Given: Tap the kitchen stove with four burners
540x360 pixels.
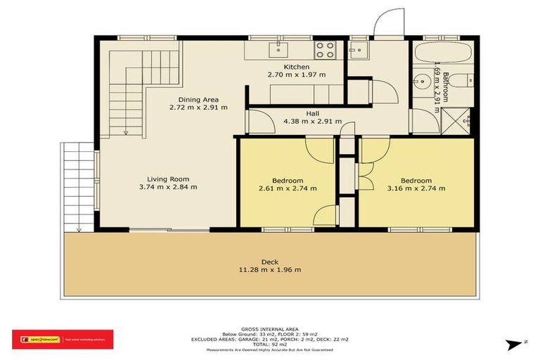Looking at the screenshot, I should pyautogui.click(x=324, y=49).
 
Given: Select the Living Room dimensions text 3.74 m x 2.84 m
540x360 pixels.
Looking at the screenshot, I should pyautogui.click(x=168, y=187).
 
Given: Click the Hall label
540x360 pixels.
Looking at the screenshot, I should pyautogui.click(x=313, y=113).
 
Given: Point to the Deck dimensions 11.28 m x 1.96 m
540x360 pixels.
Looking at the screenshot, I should pyautogui.click(x=271, y=269).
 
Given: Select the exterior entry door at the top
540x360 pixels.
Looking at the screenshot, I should pyautogui.click(x=387, y=25).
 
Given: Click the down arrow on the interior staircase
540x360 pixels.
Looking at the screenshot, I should pyautogui.click(x=125, y=127).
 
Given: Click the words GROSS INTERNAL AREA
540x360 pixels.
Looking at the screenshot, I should pyautogui.click(x=270, y=329).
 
